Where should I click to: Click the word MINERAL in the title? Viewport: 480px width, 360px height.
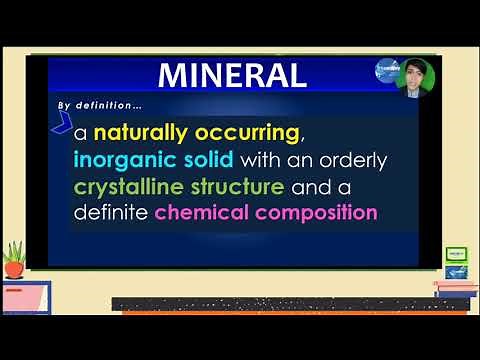232,75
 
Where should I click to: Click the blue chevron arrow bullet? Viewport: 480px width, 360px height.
61,124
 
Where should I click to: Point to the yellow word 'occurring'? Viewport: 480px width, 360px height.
254,133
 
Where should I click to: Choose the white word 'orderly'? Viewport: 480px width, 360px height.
351,160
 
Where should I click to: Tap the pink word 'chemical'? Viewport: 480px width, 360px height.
202,213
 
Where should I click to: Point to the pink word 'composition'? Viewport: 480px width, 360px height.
317,213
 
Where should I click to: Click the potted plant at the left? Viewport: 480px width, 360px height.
14,259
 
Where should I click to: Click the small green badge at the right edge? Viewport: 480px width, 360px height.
455,255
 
